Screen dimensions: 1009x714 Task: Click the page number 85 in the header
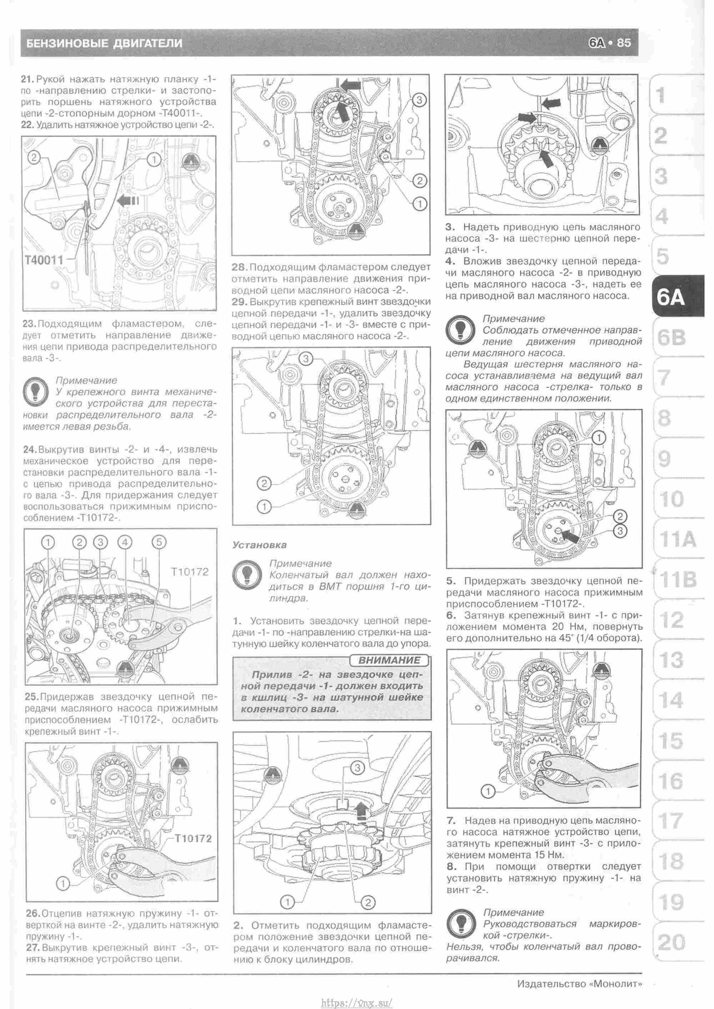(x=624, y=43)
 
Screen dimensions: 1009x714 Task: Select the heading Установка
(x=260, y=545)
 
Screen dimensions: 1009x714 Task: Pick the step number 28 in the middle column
(x=240, y=267)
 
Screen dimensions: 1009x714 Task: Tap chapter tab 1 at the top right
(x=660, y=95)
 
